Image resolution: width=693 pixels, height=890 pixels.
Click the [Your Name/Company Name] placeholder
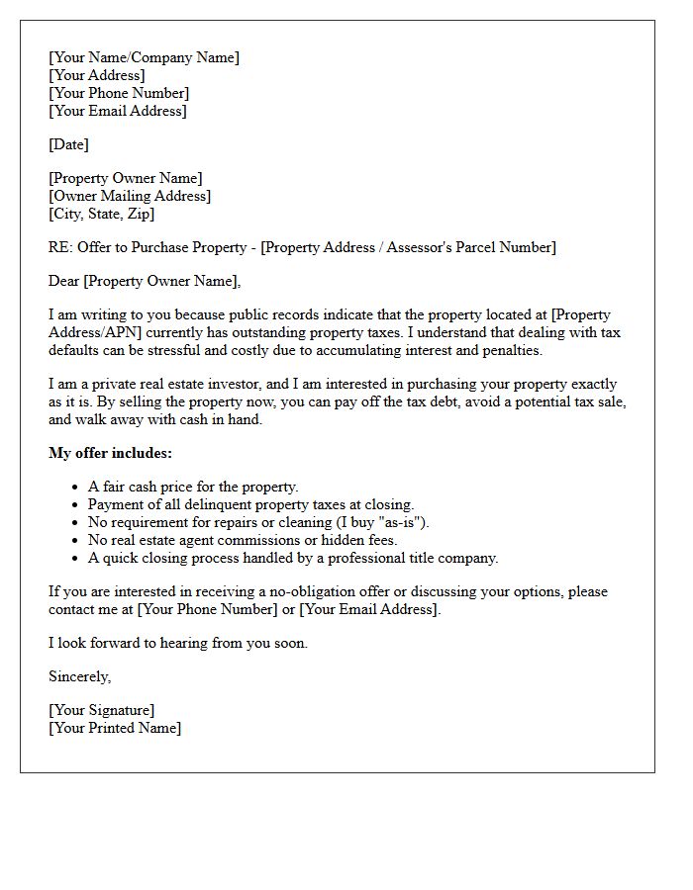[x=144, y=57]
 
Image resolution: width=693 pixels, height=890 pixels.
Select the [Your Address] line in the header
[x=97, y=75]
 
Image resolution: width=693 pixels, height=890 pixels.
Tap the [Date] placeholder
[x=68, y=144]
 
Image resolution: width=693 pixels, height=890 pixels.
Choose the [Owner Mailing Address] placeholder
[x=130, y=196]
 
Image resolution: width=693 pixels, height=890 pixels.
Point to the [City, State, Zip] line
[x=101, y=214]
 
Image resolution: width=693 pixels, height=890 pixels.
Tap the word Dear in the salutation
[x=64, y=281]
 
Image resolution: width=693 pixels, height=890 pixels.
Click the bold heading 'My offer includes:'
[x=110, y=453]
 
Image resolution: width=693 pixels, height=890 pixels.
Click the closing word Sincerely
[x=80, y=676]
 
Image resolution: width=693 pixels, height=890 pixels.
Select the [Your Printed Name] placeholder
[x=115, y=728]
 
